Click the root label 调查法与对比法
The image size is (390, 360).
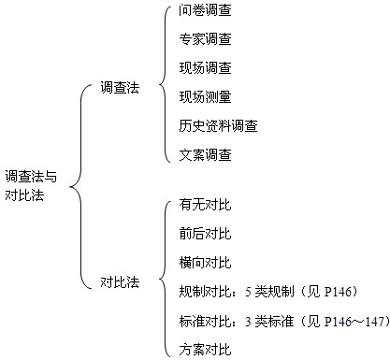tap(31, 184)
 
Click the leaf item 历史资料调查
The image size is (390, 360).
tap(218, 124)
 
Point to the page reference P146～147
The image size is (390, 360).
tap(351, 321)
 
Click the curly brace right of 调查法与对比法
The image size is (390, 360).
tap(76, 184)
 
